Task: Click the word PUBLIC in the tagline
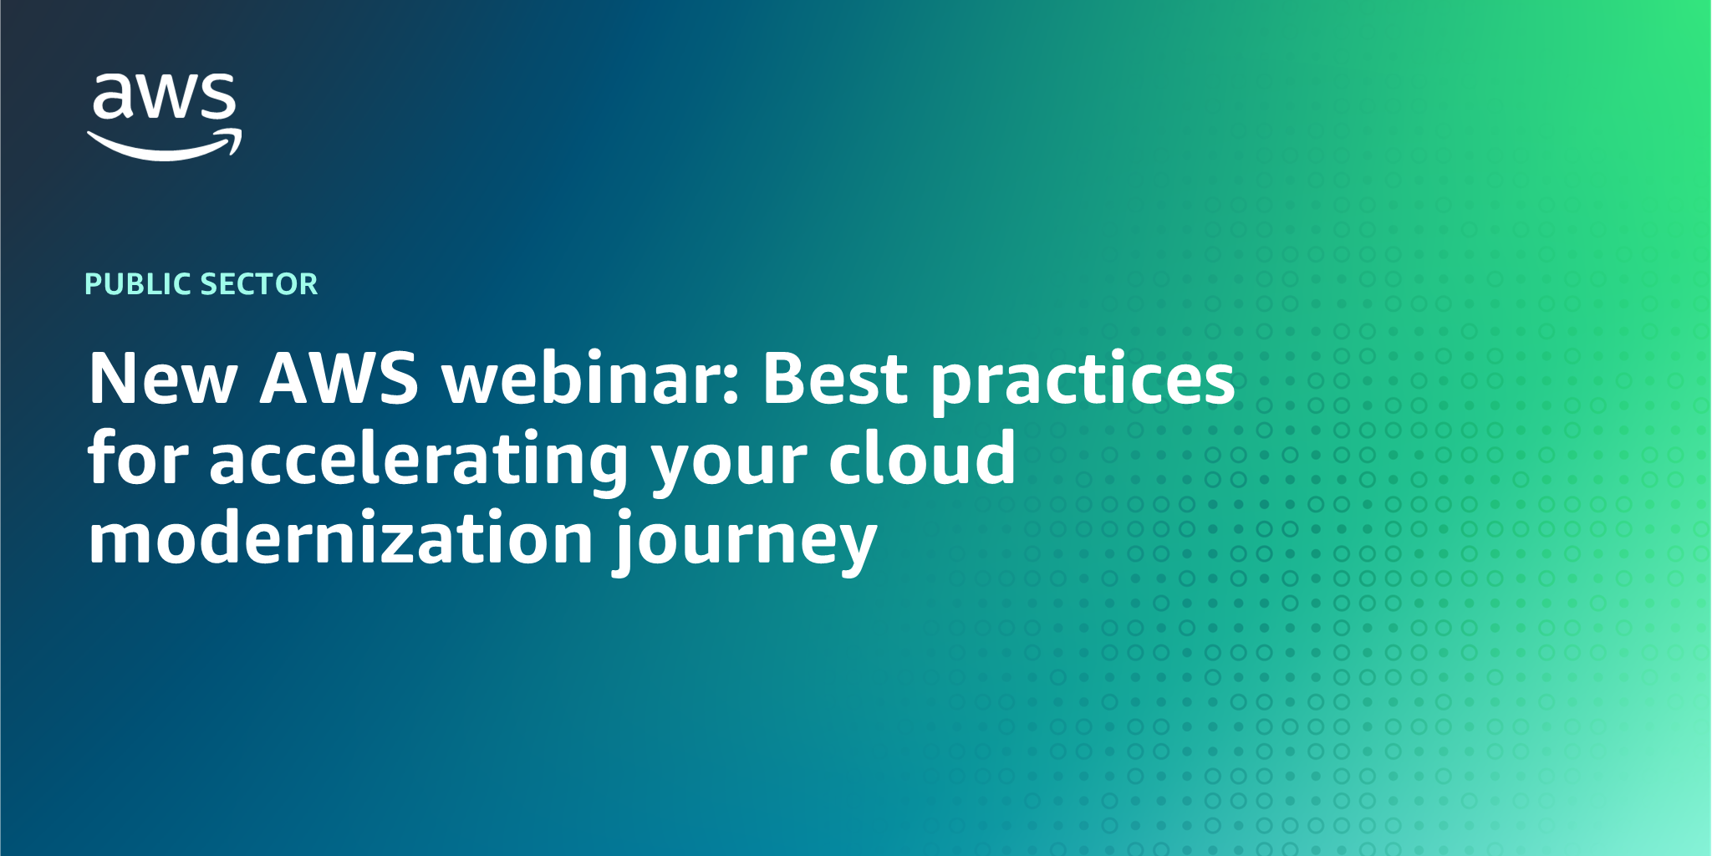point(139,284)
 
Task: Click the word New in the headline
point(163,379)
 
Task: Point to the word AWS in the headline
point(339,379)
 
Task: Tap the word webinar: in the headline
point(590,379)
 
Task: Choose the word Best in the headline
point(834,379)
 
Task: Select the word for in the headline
point(138,458)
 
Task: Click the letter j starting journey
point(625,542)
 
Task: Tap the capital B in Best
point(785,379)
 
